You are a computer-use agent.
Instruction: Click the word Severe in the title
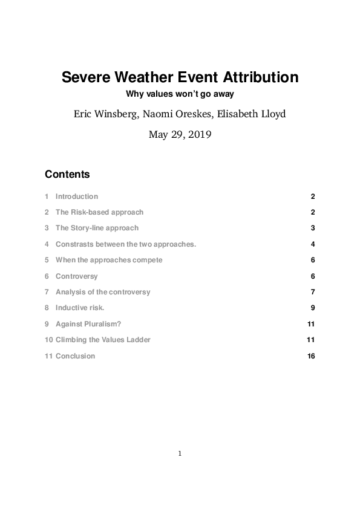[x=85, y=78]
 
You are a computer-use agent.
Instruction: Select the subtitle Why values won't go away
[x=180, y=94]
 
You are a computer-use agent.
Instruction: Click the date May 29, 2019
[x=180, y=135]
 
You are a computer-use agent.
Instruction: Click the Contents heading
[x=67, y=174]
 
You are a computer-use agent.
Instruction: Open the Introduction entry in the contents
[x=76, y=196]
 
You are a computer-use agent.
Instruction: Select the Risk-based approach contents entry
[x=99, y=212]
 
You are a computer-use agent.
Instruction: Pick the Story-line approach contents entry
[x=97, y=228]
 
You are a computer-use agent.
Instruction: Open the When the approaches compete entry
[x=109, y=260]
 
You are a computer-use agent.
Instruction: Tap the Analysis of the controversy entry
[x=103, y=292]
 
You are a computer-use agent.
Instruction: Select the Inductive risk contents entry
[x=80, y=308]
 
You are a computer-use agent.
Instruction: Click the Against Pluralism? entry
[x=88, y=324]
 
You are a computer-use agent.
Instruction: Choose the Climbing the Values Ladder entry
[x=103, y=340]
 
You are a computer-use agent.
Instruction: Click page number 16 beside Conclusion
[x=311, y=356]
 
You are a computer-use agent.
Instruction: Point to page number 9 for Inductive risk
[x=313, y=308]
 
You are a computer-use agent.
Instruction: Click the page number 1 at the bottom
[x=180, y=453]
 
